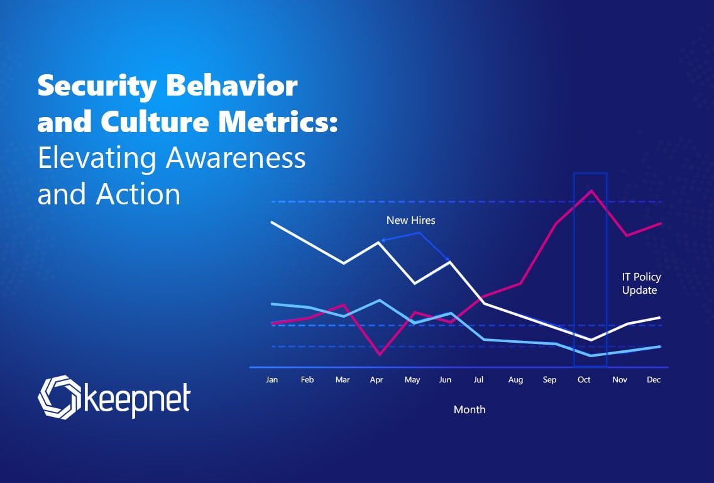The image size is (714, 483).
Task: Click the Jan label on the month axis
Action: click(272, 380)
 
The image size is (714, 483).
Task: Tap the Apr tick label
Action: click(376, 380)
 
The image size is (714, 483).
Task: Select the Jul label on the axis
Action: click(478, 380)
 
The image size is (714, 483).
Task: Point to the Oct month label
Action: click(584, 380)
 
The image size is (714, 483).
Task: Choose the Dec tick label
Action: click(654, 380)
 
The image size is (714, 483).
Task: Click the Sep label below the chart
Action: click(549, 380)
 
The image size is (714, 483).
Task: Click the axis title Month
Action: click(470, 409)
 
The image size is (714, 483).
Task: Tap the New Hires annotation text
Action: click(410, 221)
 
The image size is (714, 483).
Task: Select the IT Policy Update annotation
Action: click(641, 284)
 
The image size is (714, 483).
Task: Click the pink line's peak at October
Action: click(591, 191)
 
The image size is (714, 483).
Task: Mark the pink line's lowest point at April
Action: click(380, 354)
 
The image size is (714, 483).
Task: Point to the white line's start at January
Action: click(272, 223)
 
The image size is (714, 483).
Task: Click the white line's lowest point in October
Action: click(591, 340)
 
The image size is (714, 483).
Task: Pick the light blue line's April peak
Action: click(380, 300)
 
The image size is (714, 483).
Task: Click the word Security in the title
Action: click(97, 87)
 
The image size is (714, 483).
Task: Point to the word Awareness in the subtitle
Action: click(236, 158)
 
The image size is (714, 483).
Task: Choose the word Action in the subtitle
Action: click(138, 194)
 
